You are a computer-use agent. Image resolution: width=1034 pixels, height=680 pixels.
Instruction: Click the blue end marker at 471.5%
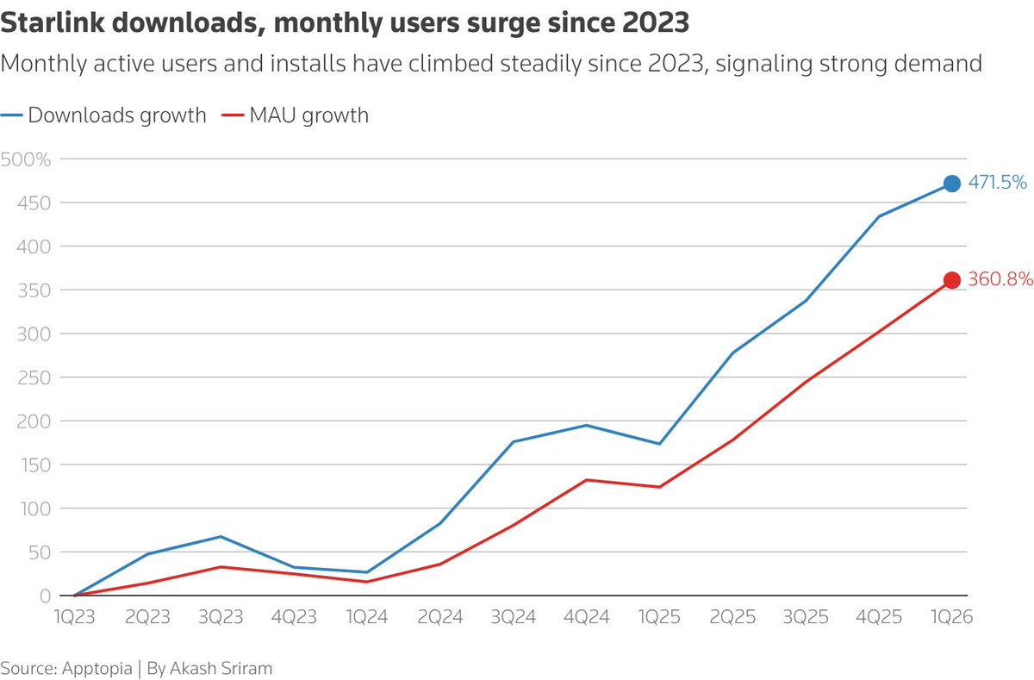click(x=952, y=184)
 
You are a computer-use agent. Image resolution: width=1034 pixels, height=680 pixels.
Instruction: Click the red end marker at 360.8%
click(x=952, y=280)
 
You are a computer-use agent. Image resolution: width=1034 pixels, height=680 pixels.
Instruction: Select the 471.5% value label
click(x=998, y=183)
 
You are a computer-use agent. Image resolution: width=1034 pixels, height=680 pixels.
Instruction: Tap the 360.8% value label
click(x=1000, y=279)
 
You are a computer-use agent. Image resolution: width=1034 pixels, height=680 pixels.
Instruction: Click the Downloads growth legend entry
click(x=103, y=115)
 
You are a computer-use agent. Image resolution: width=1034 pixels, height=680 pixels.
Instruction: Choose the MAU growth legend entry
click(x=296, y=115)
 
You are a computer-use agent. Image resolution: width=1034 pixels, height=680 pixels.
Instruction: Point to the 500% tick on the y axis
click(x=25, y=159)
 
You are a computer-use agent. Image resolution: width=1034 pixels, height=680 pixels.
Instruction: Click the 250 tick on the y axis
click(x=34, y=378)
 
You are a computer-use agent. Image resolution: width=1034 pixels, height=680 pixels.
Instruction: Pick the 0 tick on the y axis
click(x=45, y=596)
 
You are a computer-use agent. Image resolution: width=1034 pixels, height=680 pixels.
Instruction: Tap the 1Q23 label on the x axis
click(x=74, y=617)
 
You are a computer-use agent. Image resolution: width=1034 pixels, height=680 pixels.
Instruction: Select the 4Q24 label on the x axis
click(x=586, y=617)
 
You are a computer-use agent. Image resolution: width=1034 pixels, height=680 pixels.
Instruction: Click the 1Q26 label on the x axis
click(x=952, y=617)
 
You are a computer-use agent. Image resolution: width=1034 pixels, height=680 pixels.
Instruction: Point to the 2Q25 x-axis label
click(x=732, y=617)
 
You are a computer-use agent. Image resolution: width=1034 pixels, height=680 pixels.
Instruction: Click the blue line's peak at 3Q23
click(x=221, y=536)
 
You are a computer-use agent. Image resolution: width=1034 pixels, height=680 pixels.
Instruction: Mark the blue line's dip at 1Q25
click(x=659, y=444)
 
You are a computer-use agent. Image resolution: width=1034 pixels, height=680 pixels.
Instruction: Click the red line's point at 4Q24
click(x=586, y=480)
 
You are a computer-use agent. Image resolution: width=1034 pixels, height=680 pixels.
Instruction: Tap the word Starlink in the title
click(x=53, y=22)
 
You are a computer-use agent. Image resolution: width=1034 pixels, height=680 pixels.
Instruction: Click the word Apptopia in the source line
click(x=97, y=668)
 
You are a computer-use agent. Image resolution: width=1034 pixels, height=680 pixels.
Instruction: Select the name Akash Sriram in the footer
click(x=221, y=668)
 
